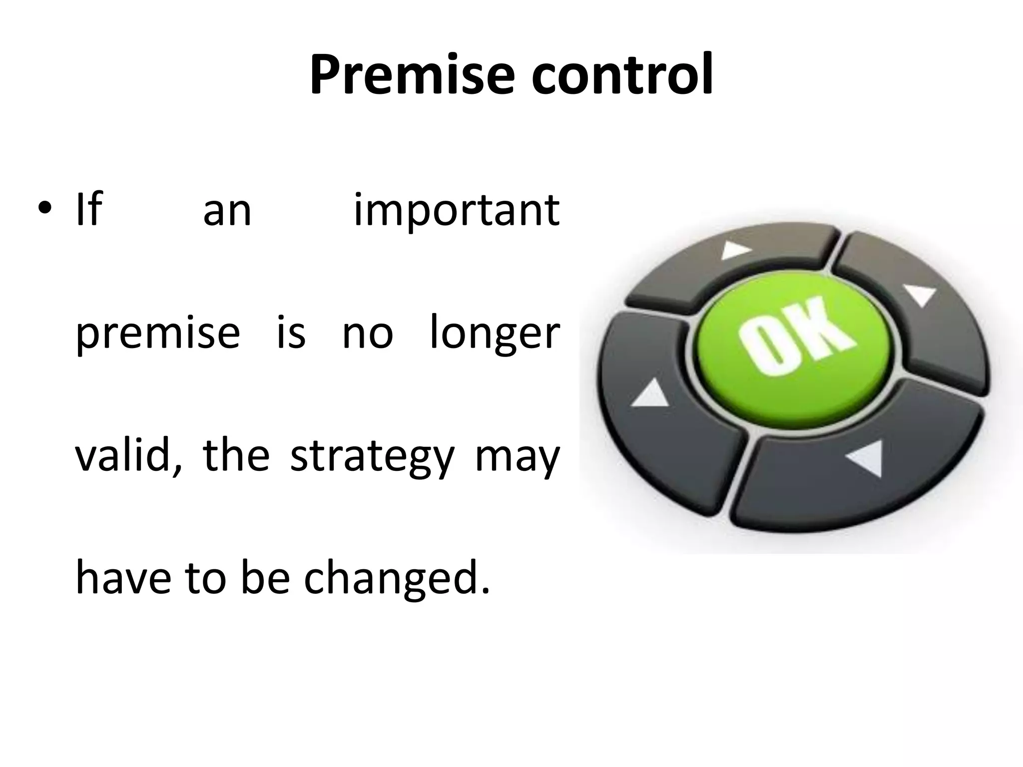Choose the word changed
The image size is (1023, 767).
(397, 579)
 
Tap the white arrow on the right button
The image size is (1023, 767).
(921, 295)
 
